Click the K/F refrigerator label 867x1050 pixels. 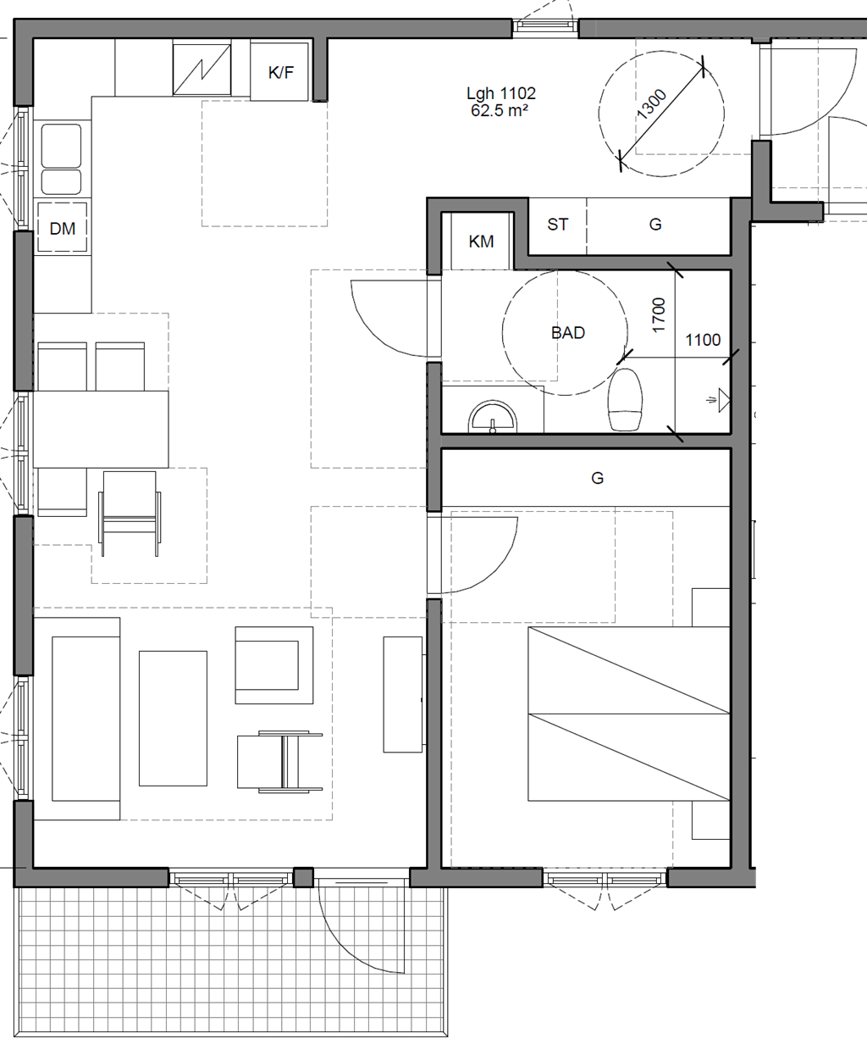(280, 72)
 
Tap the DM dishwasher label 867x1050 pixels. (63, 229)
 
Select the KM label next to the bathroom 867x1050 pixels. (481, 242)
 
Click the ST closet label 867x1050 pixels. (558, 225)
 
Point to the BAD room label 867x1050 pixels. (567, 333)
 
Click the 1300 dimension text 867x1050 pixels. (651, 104)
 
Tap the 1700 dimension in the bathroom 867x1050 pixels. (658, 315)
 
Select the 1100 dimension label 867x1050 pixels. (703, 341)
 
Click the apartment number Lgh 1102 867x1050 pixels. (500, 93)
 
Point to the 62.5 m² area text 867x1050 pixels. (500, 111)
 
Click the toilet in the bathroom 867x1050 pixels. (626, 399)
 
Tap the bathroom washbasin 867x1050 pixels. (492, 417)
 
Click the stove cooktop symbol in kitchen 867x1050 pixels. (202, 69)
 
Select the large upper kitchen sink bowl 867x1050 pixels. (61, 146)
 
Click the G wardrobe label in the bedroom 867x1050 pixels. (597, 478)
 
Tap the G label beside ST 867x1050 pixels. (655, 225)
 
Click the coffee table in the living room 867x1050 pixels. (173, 719)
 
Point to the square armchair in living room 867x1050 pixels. (274, 665)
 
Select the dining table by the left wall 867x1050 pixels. (101, 429)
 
